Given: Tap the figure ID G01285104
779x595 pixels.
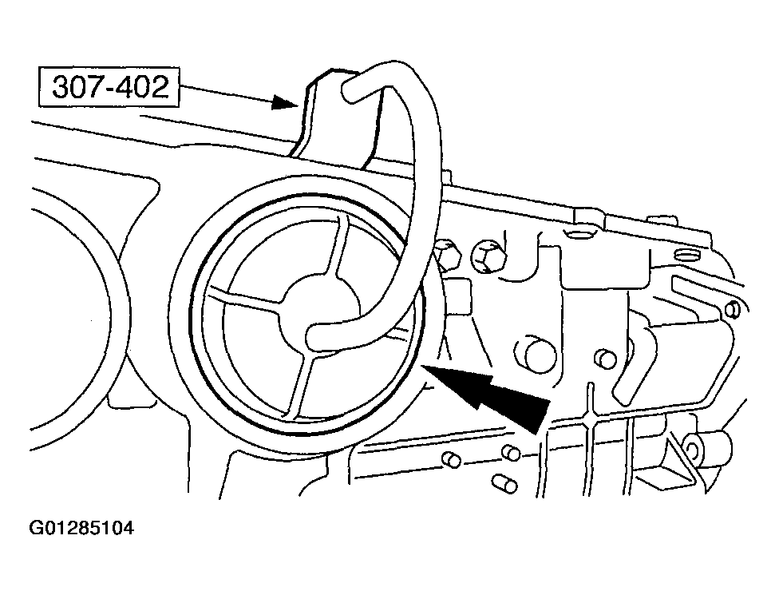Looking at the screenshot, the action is coord(82,528).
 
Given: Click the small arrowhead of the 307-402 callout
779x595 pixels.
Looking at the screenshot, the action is coord(286,103).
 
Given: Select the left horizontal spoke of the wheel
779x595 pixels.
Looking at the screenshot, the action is coord(243,301).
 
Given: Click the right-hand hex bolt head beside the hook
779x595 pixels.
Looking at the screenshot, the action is coord(488,256).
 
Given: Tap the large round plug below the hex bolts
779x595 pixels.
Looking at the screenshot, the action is coord(534,354).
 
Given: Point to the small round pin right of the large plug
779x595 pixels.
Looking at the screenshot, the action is coord(606,358).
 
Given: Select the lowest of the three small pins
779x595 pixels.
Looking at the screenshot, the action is coord(504,483).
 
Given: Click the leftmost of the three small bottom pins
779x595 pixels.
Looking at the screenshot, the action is coord(452,460).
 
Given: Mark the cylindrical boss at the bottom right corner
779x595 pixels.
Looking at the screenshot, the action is coord(706,448).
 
